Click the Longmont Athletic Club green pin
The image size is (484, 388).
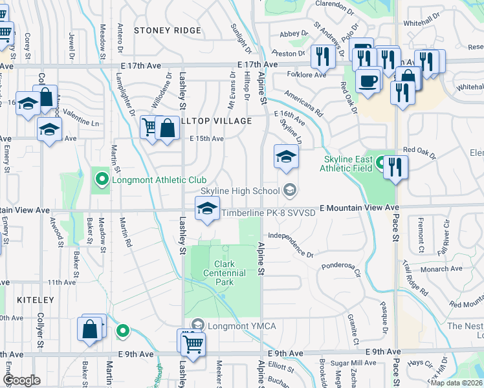[101, 180]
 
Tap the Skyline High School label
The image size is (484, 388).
[239, 191]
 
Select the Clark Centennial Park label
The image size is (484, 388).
[230, 268]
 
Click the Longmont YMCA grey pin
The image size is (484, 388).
[198, 325]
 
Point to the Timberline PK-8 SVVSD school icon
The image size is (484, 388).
[207, 209]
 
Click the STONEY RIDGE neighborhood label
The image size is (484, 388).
[159, 30]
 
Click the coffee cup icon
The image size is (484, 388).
[368, 81]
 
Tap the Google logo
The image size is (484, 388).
[22, 380]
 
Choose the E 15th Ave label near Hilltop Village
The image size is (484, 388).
[206, 138]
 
